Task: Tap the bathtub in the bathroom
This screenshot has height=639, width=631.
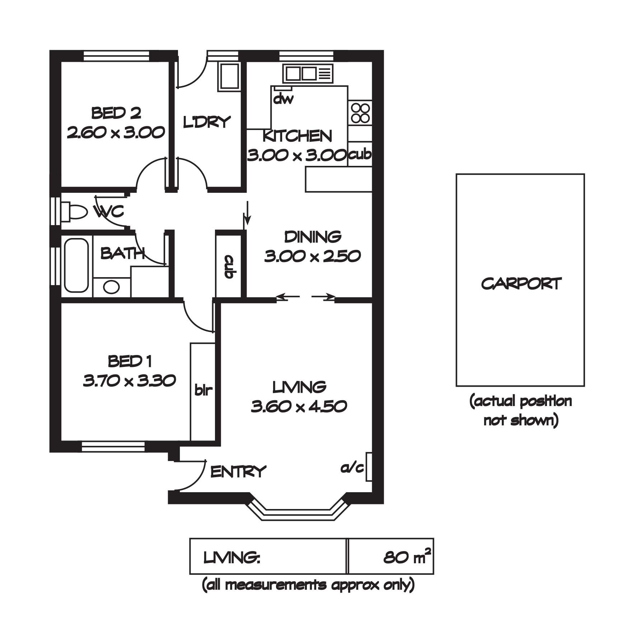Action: [76, 266]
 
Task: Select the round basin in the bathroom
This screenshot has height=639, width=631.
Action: [111, 287]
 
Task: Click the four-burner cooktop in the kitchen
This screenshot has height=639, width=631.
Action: [360, 113]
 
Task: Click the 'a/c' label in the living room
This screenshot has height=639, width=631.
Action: [352, 468]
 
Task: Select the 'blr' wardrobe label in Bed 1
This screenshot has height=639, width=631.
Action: [204, 390]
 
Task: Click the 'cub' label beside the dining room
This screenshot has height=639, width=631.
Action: [229, 267]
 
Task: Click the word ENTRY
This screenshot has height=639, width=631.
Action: [238, 471]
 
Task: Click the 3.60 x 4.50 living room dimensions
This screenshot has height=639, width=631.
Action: [299, 406]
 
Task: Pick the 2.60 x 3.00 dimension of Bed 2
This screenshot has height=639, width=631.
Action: [116, 132]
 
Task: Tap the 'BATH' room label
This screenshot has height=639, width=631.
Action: [122, 253]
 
